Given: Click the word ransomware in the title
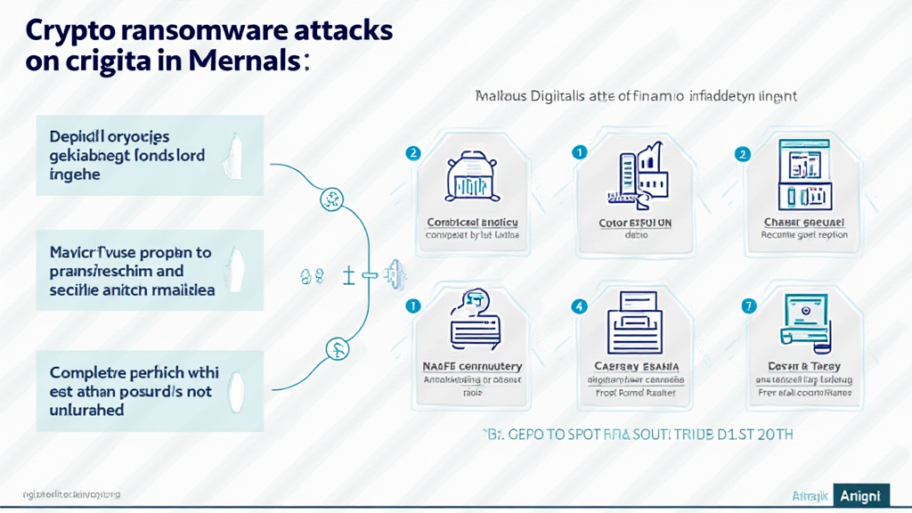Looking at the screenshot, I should [x=183, y=29].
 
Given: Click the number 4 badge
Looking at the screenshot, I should [x=580, y=305].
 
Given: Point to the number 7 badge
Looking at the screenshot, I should [x=748, y=305].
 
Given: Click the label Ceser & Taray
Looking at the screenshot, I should [x=804, y=366].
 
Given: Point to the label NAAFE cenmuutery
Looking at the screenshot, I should [x=472, y=366].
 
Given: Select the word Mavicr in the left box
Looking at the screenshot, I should [x=74, y=252].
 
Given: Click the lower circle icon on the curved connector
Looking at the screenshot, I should [x=337, y=346].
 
